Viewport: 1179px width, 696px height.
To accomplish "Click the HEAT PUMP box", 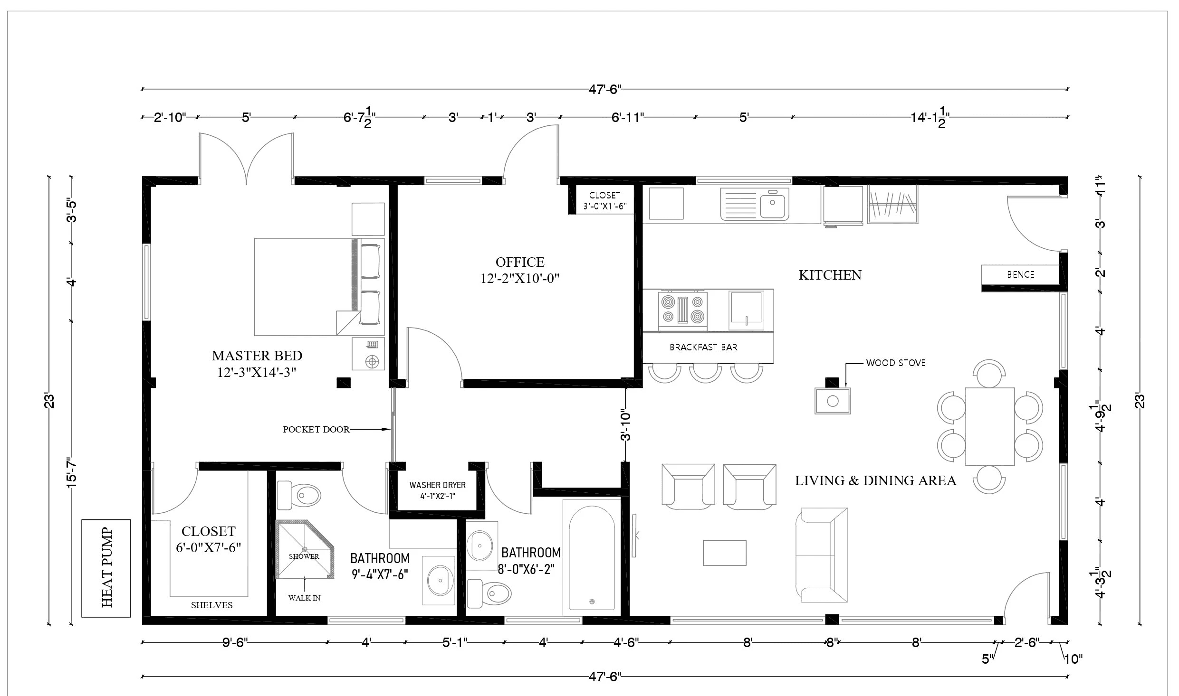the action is [106, 568].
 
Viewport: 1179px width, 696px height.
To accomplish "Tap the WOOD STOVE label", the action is [896, 363].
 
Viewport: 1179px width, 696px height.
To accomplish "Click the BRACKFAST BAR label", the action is [703, 347].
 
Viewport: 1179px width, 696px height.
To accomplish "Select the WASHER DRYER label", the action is [438, 485].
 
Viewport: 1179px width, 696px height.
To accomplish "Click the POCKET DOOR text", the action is [316, 429].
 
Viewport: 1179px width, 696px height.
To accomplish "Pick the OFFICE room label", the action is [520, 262].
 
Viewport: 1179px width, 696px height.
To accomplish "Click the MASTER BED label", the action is [257, 355].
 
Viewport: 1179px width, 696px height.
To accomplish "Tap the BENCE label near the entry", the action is [1021, 274].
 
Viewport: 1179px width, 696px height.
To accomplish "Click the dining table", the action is [990, 426].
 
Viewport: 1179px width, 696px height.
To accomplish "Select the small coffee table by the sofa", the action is [725, 553].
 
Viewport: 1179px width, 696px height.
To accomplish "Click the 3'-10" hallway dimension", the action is [625, 425].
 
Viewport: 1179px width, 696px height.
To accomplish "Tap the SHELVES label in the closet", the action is [212, 605].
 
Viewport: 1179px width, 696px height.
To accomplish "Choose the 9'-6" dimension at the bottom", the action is [235, 642].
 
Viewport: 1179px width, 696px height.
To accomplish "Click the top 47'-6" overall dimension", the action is [605, 89].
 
